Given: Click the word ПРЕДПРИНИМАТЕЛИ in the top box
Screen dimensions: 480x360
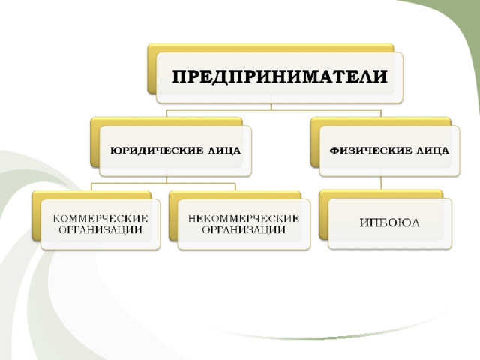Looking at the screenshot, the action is [x=280, y=76].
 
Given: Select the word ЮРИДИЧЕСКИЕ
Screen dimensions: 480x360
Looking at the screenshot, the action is [x=157, y=151].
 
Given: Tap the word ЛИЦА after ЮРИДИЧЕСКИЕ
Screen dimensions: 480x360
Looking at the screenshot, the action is [x=224, y=151].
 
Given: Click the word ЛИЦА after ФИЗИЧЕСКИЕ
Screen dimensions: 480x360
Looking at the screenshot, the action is [x=433, y=151].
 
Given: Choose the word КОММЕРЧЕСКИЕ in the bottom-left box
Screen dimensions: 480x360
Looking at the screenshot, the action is [x=100, y=218].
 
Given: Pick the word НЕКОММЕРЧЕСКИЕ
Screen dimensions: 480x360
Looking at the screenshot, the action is [x=244, y=218].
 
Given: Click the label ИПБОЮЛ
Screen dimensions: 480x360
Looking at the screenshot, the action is [x=390, y=223].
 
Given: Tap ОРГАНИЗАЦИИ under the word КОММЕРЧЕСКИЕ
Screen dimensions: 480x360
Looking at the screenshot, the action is [x=100, y=229].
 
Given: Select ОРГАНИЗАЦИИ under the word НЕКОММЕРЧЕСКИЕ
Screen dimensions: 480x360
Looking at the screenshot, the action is [x=244, y=229].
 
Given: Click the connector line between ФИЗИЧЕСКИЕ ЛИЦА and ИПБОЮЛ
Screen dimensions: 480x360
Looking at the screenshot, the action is [x=381, y=183].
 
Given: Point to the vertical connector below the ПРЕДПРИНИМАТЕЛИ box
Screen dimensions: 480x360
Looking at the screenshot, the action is [x=271, y=106].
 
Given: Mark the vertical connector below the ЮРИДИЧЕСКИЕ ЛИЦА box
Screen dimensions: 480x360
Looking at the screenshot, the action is [x=166, y=180].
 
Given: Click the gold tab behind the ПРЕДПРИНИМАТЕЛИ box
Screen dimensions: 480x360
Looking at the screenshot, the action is [x=151, y=69].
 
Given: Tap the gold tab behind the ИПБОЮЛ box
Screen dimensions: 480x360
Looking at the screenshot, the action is [x=323, y=214].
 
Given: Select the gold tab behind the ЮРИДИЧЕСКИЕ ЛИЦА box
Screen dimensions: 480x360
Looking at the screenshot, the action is [x=95, y=142].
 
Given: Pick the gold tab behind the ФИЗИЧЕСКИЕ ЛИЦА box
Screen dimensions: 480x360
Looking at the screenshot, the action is [x=315, y=142].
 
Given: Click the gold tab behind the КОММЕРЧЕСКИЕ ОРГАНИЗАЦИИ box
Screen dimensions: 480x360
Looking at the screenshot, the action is [x=37, y=215].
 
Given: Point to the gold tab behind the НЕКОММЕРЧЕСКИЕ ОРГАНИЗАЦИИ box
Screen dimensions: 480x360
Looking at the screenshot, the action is [x=173, y=215].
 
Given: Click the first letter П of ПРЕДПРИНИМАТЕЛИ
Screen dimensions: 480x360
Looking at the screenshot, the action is [x=178, y=76].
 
